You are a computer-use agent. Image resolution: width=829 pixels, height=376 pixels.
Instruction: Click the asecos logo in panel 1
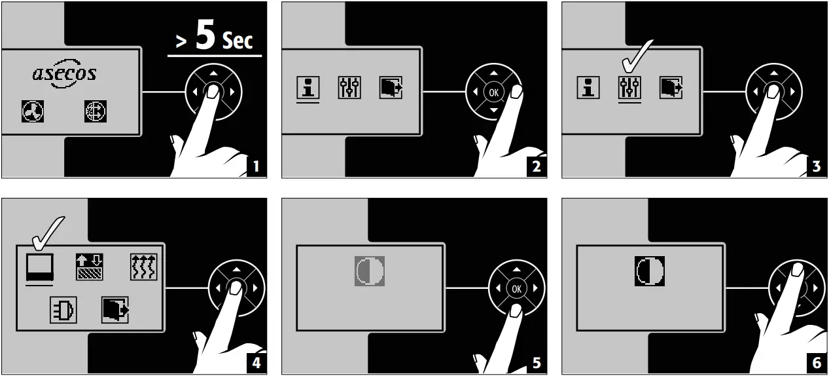click(x=65, y=73)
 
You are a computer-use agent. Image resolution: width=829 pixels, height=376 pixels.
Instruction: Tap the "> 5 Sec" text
click(x=215, y=38)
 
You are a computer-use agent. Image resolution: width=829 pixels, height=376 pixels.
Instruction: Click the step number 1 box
click(x=256, y=166)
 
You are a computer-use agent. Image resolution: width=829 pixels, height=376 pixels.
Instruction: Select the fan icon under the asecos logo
click(x=33, y=113)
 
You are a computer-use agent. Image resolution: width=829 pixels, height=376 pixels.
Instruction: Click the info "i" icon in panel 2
click(x=308, y=87)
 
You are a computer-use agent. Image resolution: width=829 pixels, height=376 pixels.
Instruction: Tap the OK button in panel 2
click(x=493, y=92)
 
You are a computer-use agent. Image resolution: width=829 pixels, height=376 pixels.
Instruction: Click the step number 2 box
click(x=537, y=166)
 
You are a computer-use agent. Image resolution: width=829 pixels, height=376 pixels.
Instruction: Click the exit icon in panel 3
click(x=671, y=87)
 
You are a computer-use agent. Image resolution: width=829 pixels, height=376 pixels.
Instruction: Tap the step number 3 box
click(x=817, y=166)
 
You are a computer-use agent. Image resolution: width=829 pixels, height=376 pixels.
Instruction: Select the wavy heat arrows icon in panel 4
click(x=144, y=267)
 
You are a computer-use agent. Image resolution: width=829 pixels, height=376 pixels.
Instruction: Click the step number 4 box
click(x=256, y=364)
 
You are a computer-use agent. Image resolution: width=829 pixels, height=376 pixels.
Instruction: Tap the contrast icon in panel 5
click(x=370, y=271)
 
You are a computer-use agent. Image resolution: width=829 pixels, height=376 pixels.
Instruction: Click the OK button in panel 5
click(x=517, y=288)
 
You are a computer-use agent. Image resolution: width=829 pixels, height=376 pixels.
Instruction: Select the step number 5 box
click(x=537, y=364)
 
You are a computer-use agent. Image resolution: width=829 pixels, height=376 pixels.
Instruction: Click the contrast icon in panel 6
click(x=650, y=271)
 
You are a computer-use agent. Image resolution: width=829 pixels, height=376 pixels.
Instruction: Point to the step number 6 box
click(x=817, y=364)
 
